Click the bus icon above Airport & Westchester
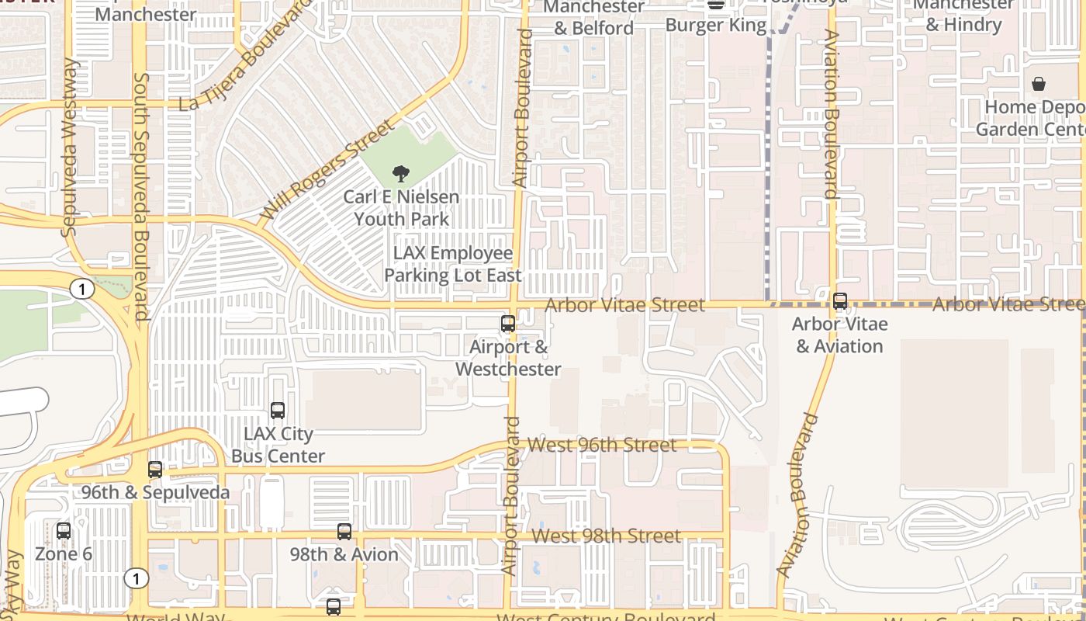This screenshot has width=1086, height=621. tap(508, 324)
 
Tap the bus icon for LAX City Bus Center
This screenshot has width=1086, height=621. tap(278, 411)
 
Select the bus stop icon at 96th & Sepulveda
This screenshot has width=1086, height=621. tap(155, 470)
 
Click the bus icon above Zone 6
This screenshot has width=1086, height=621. tap(64, 532)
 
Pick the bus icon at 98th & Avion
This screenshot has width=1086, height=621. tap(344, 532)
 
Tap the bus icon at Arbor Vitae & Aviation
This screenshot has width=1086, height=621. tap(840, 301)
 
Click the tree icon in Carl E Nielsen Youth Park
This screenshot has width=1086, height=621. tap(401, 174)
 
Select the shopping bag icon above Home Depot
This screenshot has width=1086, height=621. tap(1039, 84)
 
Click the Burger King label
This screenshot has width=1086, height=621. tap(715, 25)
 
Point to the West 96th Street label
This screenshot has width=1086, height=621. tap(602, 445)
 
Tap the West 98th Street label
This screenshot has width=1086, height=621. tap(607, 536)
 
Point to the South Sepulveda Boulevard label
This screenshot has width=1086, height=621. tap(141, 196)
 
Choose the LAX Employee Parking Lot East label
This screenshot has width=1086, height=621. tap(453, 264)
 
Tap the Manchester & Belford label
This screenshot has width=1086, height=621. tap(593, 17)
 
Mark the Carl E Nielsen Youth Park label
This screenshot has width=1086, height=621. tap(401, 208)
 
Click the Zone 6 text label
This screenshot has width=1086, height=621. tap(64, 554)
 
